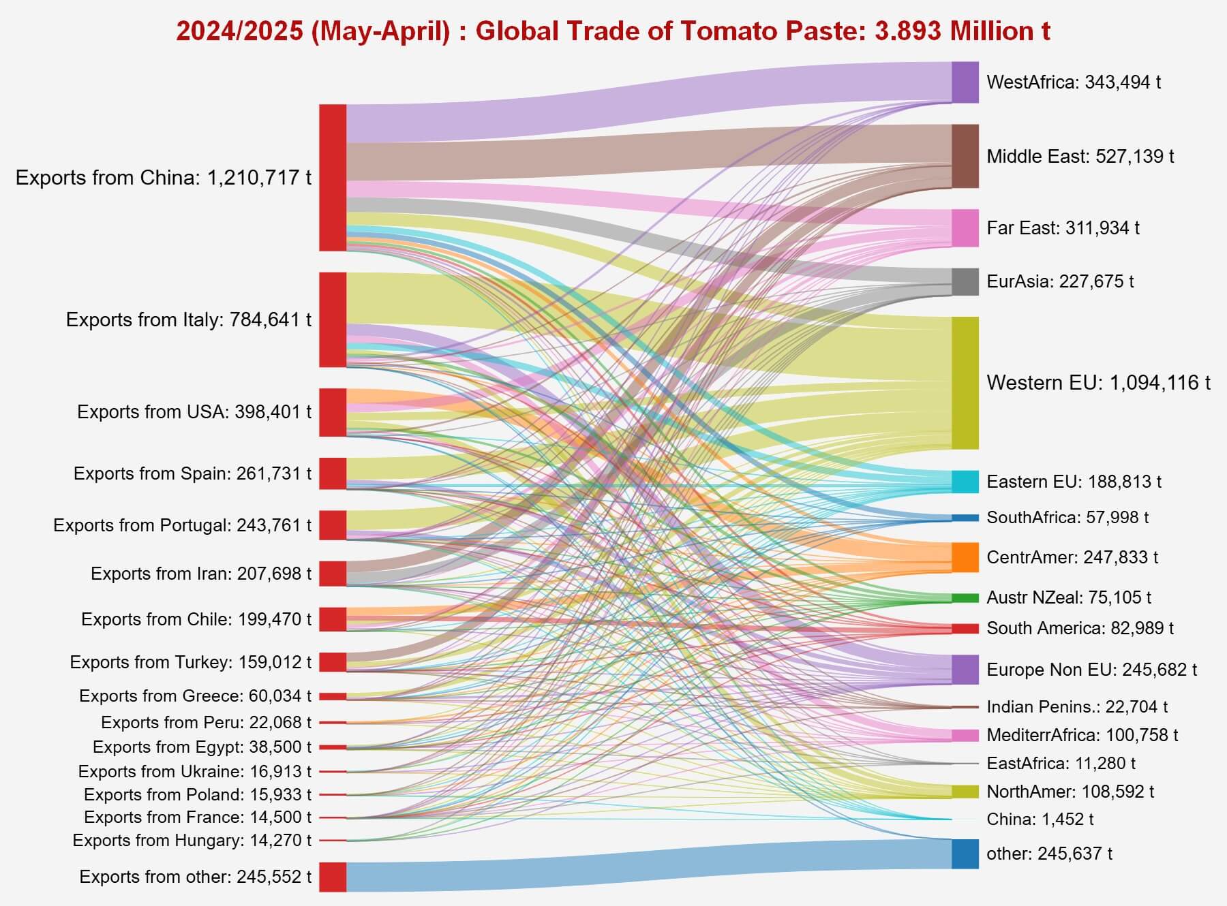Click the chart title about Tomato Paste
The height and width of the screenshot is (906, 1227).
[613, 31]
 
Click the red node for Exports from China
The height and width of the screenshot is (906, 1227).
[333, 177]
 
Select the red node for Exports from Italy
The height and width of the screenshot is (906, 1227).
[333, 319]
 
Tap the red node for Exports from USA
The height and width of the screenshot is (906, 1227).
[333, 412]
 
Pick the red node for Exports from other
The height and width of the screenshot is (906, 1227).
[333, 877]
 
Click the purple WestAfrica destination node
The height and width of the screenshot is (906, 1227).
[965, 82]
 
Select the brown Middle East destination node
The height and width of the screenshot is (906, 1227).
[965, 156]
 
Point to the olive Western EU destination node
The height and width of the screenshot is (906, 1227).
[965, 382]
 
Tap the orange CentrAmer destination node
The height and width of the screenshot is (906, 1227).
[965, 557]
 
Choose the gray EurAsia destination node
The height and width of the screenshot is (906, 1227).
[965, 281]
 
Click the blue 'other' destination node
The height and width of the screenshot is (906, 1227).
[965, 854]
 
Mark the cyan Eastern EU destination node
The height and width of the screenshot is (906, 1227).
[965, 482]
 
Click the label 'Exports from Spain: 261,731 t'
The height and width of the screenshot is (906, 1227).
[192, 473]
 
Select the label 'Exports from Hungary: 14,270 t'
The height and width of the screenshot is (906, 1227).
[192, 841]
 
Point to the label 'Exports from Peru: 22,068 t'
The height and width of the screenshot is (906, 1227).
[206, 722]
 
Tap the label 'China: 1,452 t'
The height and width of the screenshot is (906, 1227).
[1040, 819]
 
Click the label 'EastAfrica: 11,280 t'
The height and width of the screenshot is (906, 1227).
[1061, 763]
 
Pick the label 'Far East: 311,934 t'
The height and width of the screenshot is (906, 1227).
[1063, 228]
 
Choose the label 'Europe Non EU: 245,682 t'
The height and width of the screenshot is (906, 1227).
[1091, 670]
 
